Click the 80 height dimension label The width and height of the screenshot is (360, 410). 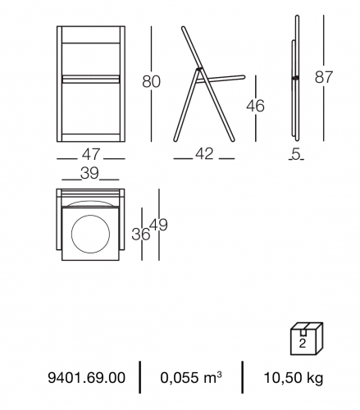click(151, 81)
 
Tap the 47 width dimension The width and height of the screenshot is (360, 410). click(91, 154)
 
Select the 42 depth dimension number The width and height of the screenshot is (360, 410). click(204, 153)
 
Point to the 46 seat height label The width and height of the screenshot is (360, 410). click(255, 106)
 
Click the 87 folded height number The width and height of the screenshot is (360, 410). click(324, 77)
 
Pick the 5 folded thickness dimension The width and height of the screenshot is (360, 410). click(296, 154)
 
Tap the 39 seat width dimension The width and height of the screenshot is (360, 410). click(89, 173)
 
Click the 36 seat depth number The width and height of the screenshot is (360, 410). click(141, 235)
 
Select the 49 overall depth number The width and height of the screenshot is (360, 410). click(159, 225)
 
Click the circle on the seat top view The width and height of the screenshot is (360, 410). click(90, 215)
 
